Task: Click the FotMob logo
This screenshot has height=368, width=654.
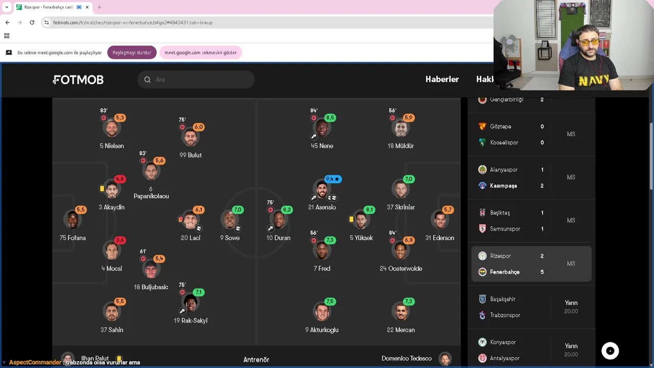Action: click(x=78, y=80)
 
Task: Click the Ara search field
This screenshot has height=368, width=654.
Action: click(x=196, y=79)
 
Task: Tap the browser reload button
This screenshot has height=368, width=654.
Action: click(x=32, y=22)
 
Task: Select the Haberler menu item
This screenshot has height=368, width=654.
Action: click(x=442, y=79)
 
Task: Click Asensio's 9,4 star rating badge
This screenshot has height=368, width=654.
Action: click(x=333, y=179)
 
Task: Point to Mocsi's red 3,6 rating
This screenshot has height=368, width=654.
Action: click(x=120, y=240)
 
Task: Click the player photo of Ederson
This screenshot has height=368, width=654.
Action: click(x=440, y=220)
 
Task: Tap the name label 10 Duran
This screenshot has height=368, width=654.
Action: click(x=278, y=238)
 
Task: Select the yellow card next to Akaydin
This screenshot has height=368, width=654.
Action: click(x=102, y=189)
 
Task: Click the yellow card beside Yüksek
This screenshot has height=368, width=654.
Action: click(x=351, y=219)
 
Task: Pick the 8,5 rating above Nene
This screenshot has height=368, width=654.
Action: click(x=330, y=118)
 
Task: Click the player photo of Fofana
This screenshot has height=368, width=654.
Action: click(x=73, y=219)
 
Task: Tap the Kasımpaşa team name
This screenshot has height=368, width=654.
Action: click(x=503, y=186)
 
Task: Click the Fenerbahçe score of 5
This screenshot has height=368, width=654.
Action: click(x=542, y=272)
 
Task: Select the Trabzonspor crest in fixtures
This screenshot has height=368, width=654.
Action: click(x=482, y=315)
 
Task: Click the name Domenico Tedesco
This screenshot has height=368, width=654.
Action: click(x=406, y=358)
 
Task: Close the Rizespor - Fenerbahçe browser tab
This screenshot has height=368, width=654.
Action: click(x=87, y=7)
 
